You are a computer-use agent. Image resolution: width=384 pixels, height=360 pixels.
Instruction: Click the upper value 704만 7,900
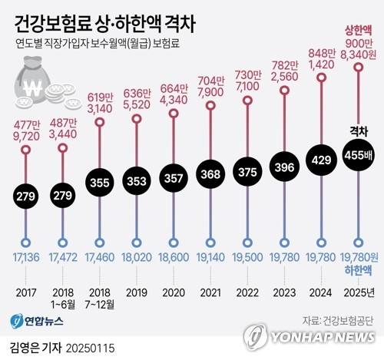click(210, 87)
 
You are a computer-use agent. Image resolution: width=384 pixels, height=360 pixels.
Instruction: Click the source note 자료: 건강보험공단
click(335, 317)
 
